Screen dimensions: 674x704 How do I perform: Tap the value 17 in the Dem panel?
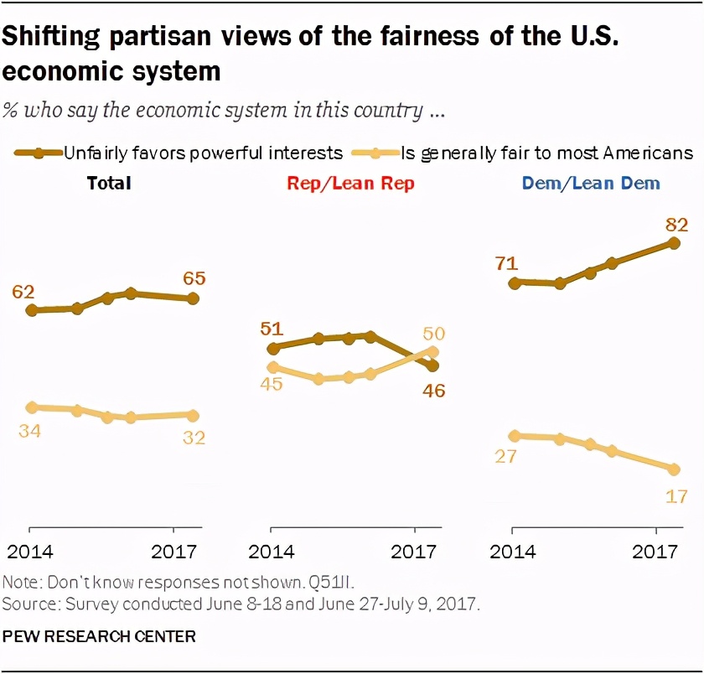(677, 495)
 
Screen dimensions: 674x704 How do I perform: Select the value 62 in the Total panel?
(23, 292)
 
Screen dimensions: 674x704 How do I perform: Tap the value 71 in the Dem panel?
(506, 265)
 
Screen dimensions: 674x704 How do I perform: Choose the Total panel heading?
(109, 183)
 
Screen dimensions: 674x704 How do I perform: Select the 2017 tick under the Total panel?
(173, 552)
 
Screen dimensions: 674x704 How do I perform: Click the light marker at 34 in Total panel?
(32, 407)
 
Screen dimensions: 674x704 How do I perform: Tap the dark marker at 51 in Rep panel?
(272, 349)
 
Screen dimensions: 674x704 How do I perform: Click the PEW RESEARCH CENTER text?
(99, 636)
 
